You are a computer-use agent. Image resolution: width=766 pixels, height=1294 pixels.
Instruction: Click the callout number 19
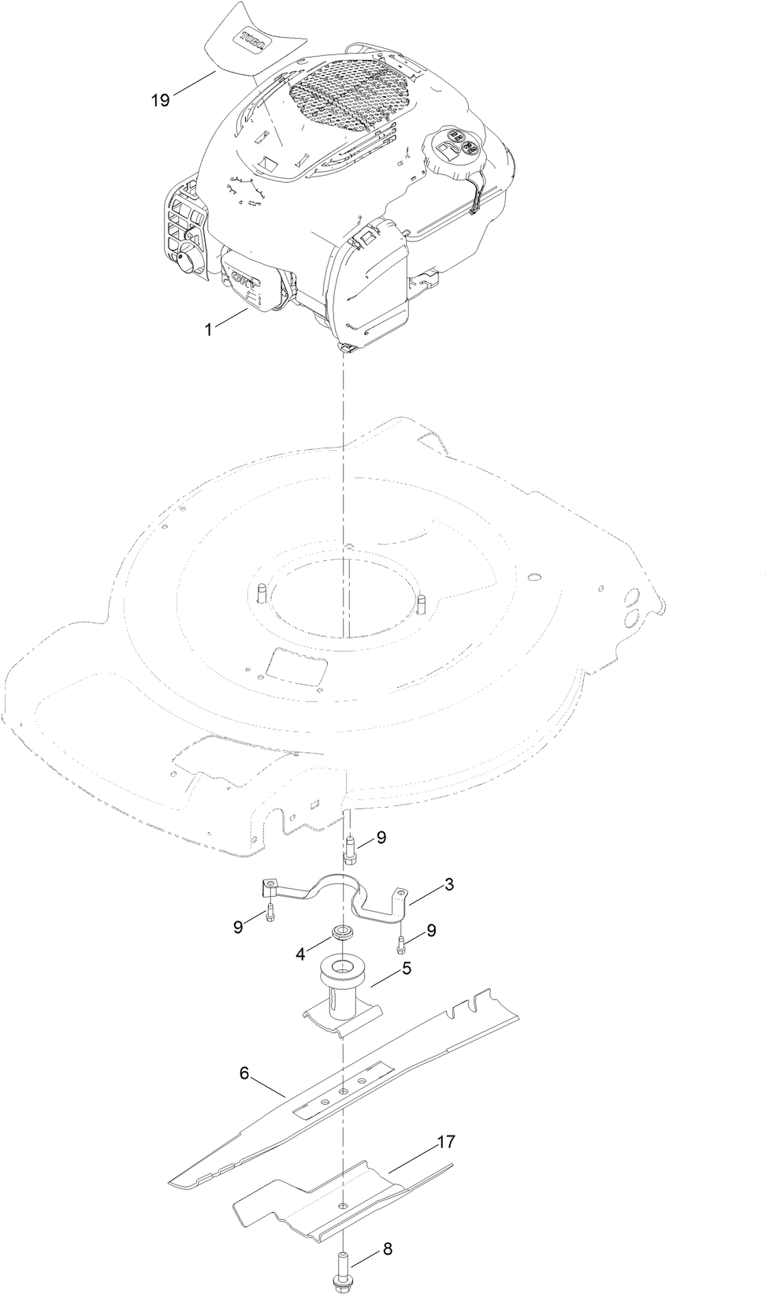tap(161, 100)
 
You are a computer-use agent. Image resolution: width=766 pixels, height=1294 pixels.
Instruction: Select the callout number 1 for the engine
tap(209, 330)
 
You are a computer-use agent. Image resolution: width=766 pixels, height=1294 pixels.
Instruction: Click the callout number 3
tap(448, 883)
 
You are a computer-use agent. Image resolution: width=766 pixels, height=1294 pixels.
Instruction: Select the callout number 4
tap(300, 954)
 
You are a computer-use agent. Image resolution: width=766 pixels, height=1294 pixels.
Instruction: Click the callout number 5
tap(407, 968)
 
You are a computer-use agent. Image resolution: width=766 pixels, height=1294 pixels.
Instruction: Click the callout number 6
tap(244, 1073)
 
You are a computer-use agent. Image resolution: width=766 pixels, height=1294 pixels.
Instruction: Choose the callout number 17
tap(446, 1141)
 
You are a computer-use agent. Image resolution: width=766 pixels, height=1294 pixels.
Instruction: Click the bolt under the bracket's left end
tap(271, 913)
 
